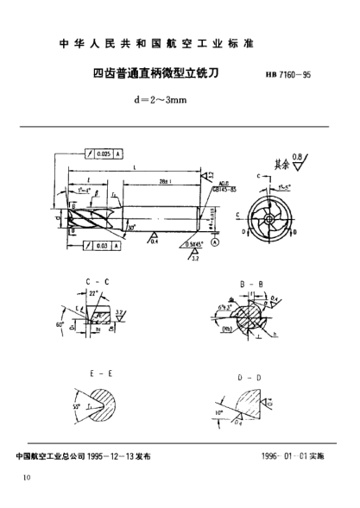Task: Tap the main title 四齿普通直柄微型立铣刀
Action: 155,75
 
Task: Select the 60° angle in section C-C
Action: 60,326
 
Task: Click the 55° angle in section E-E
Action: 77,405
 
